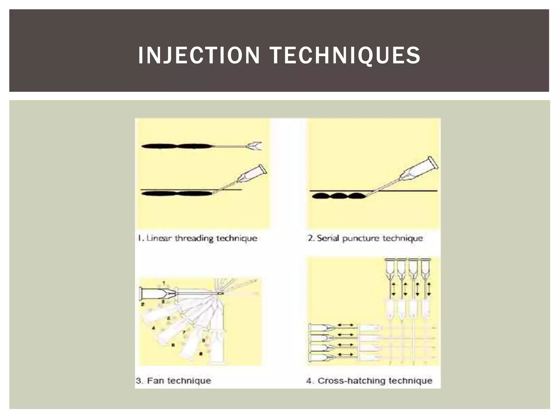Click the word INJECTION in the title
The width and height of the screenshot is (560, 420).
(199, 56)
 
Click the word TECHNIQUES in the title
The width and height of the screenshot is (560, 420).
(345, 56)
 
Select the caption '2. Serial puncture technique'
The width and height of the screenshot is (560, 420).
(365, 238)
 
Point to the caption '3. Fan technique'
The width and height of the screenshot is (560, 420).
(173, 381)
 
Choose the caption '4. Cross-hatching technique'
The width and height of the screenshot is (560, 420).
(369, 381)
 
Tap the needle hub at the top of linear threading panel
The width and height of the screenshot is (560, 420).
(254, 146)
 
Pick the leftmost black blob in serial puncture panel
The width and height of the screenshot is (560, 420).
(321, 196)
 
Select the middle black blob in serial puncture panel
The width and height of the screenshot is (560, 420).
(339, 196)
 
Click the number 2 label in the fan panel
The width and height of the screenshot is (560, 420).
(142, 304)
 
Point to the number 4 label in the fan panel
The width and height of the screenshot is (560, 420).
(153, 328)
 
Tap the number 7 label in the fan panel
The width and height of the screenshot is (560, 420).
(184, 332)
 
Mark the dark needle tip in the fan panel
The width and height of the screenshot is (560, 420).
(220, 294)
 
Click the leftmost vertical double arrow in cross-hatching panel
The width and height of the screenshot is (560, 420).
(393, 289)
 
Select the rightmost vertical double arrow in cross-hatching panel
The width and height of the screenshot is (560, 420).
(429, 289)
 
